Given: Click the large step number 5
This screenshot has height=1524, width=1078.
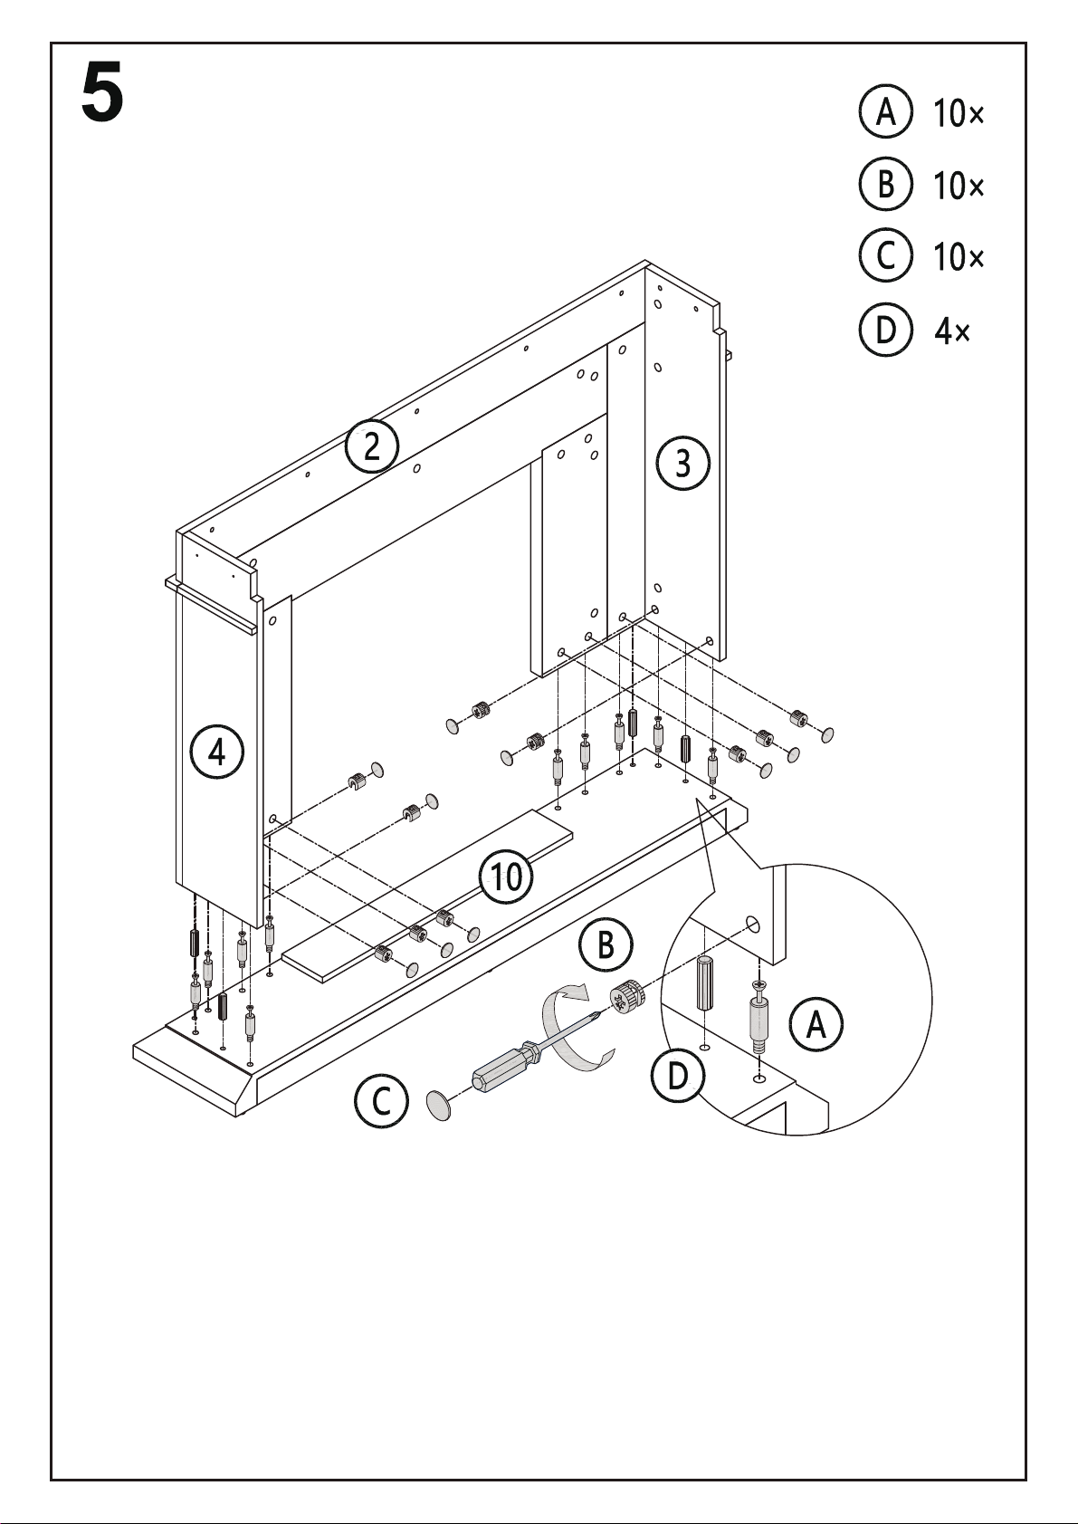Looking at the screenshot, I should pyautogui.click(x=101, y=94).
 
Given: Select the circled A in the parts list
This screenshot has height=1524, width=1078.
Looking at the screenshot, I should pyautogui.click(x=884, y=112).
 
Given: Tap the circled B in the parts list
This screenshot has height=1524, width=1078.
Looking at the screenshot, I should pyautogui.click(x=884, y=185).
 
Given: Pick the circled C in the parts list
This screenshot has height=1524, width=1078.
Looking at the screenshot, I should pyautogui.click(x=884, y=256).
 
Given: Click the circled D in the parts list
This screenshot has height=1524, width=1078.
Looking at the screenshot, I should pyautogui.click(x=884, y=331).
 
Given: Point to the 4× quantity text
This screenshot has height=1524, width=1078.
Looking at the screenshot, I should pyautogui.click(x=951, y=332).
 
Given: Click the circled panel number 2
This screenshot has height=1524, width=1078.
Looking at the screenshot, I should pyautogui.click(x=372, y=446).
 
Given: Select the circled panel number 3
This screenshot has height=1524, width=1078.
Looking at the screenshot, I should pyautogui.click(x=683, y=463).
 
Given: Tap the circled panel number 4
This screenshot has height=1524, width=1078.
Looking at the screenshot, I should pyautogui.click(x=217, y=752).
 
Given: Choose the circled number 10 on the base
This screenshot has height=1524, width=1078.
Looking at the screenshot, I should pyautogui.click(x=506, y=876).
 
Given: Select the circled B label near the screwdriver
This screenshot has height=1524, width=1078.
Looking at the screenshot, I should pyautogui.click(x=606, y=945).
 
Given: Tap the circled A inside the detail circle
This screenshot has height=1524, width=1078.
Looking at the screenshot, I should pyautogui.click(x=816, y=1024).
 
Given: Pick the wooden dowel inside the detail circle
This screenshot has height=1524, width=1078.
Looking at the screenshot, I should pyautogui.click(x=706, y=984).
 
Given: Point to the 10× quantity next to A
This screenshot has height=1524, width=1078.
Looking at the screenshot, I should pyautogui.click(x=959, y=114).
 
